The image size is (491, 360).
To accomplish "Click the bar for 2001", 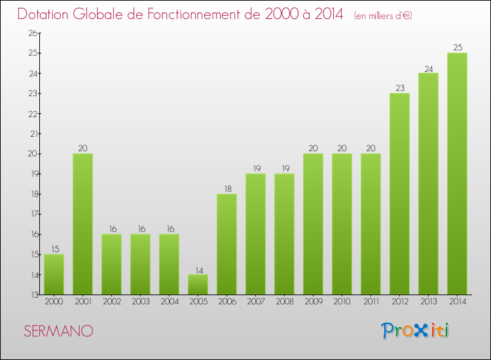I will point(82,224).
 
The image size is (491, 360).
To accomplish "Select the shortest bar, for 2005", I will point(198,284).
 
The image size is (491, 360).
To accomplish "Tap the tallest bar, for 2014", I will point(457,173).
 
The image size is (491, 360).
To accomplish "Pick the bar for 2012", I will point(399,194).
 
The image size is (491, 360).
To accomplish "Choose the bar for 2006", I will point(227,244).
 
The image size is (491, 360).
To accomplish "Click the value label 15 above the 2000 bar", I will point(54,249).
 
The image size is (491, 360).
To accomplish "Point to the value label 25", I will point(457,47).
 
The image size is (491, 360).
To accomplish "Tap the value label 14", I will point(198,269).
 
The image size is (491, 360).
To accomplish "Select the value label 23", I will point(399,88).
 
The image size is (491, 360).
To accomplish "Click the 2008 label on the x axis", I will point(284,302).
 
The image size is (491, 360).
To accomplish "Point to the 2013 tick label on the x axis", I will point(428,302).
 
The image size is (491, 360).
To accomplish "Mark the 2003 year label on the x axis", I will point(140,302).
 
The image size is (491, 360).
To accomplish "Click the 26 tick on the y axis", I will point(31,33).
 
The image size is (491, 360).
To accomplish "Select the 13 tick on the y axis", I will point(31,295).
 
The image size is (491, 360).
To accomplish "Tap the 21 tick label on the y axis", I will point(31,134).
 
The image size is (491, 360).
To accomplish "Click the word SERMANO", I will point(58,331).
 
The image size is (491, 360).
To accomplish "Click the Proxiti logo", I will point(416,331).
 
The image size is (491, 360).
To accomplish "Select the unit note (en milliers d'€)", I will point(383,15).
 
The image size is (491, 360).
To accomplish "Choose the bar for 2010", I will point(342,224).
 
